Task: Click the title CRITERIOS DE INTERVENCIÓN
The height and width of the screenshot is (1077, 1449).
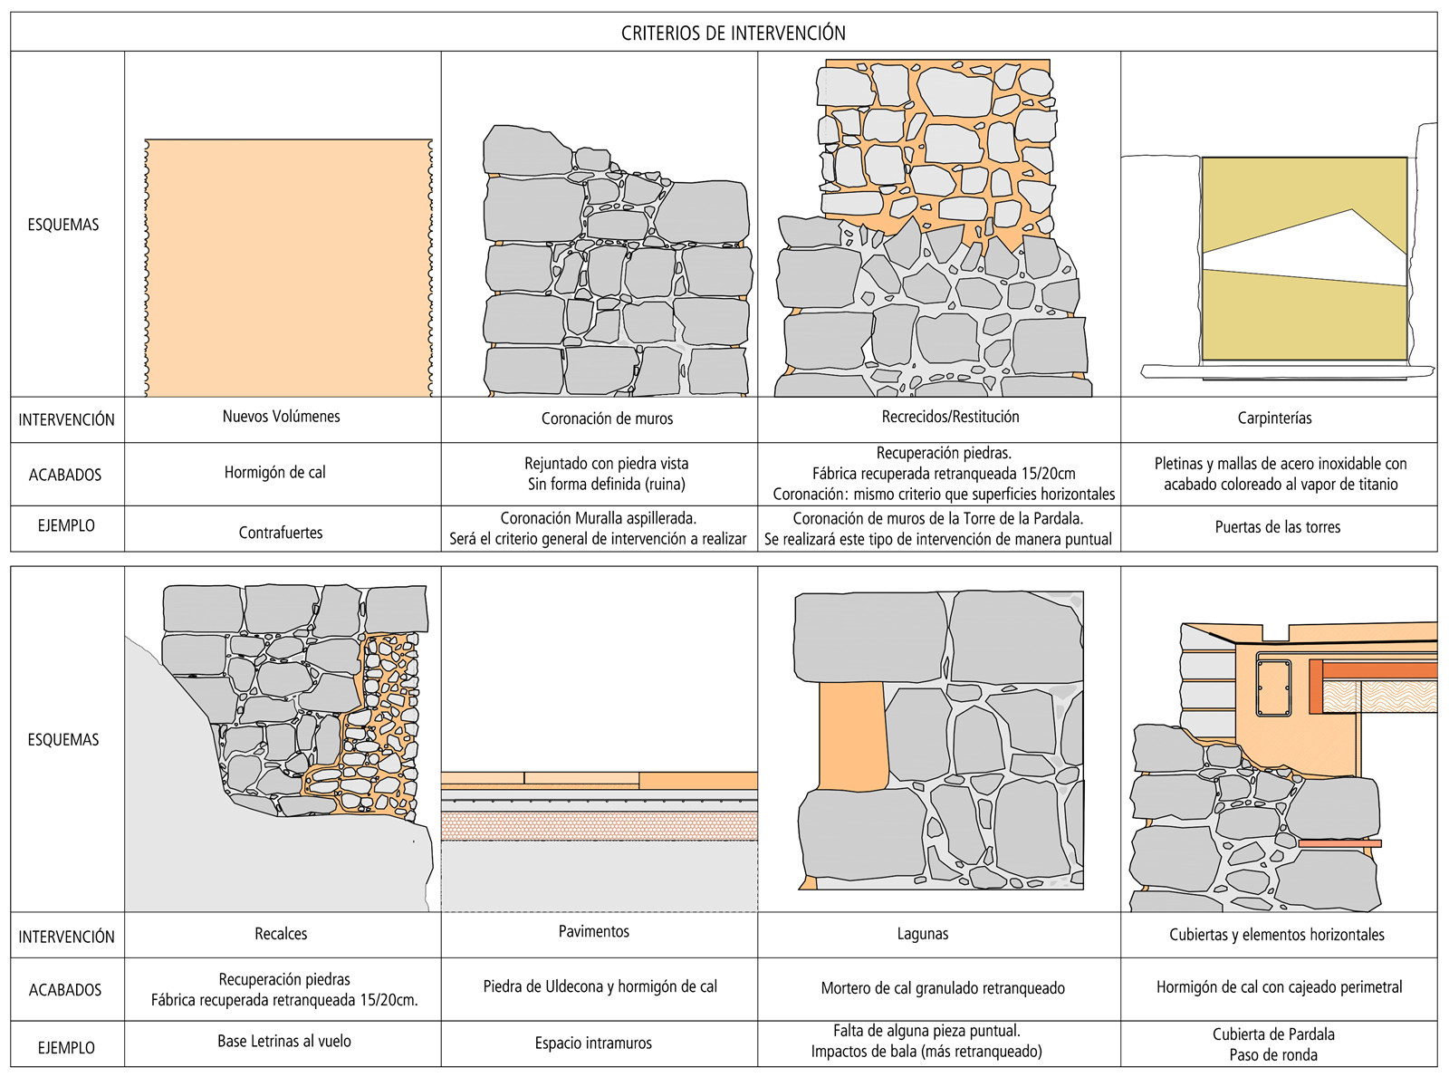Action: [x=733, y=34]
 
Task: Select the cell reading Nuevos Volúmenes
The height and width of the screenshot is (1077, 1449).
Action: [x=282, y=417]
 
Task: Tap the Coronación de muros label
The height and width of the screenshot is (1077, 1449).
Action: [x=607, y=418]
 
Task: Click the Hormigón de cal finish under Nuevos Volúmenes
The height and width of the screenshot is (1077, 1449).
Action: [x=275, y=472]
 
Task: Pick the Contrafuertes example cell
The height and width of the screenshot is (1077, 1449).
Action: [x=281, y=533]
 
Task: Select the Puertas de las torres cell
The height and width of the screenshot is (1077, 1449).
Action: [x=1277, y=527]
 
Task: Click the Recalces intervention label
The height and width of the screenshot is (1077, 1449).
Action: [x=281, y=934]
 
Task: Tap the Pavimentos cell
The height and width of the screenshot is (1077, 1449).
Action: [x=593, y=931]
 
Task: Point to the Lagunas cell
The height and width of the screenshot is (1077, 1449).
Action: [x=923, y=934]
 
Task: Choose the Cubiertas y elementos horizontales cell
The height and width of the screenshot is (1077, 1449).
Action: [x=1276, y=935]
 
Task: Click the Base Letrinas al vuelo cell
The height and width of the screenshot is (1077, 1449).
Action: [x=283, y=1042]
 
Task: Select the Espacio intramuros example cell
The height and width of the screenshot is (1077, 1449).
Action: [x=593, y=1043]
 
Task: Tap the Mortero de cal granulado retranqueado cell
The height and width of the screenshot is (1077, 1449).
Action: [x=943, y=988]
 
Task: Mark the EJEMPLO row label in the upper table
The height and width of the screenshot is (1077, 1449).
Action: [x=66, y=525]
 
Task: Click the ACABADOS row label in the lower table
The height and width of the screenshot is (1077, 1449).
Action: [x=65, y=990]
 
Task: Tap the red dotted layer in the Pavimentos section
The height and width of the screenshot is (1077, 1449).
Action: [x=599, y=826]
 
